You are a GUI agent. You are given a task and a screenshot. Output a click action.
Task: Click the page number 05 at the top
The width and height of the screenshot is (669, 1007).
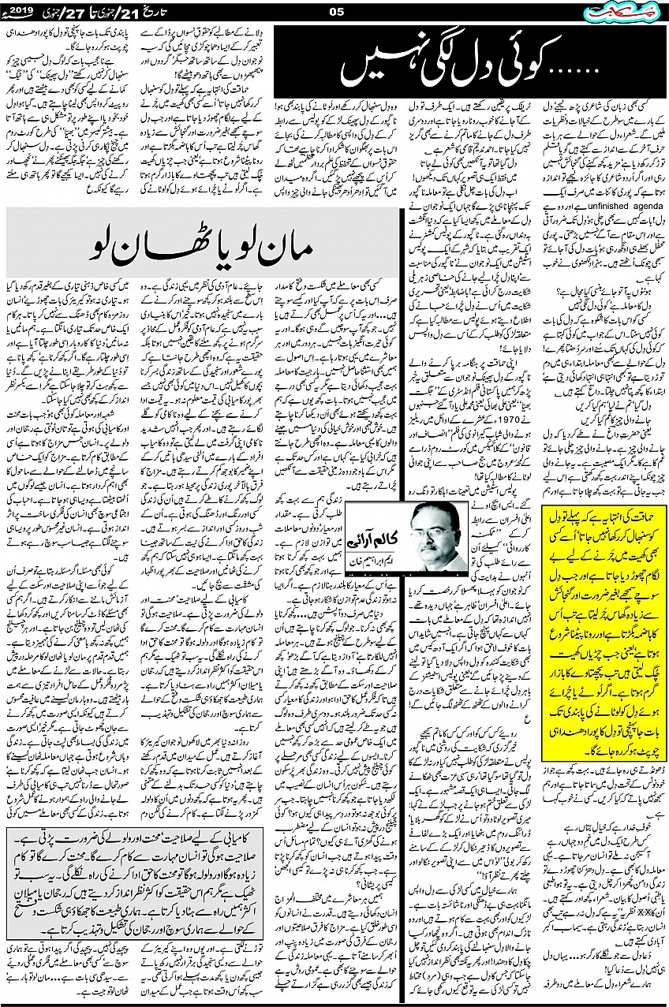click(x=334, y=10)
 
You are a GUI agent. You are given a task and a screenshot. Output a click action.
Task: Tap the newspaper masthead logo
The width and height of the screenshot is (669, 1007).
click(x=628, y=11)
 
